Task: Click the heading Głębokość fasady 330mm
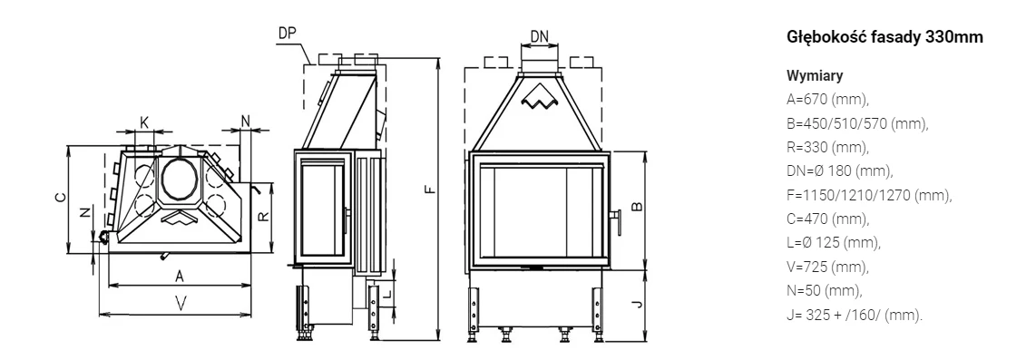coord(885,38)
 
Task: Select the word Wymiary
coord(815,75)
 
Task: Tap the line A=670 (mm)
coord(828,100)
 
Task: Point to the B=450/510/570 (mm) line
coord(857,123)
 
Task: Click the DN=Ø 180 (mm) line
coord(840,171)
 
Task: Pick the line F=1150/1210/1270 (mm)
coord(869,195)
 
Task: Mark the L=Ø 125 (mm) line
coord(834,242)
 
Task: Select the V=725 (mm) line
coord(828,267)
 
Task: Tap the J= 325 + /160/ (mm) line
coord(855,315)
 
